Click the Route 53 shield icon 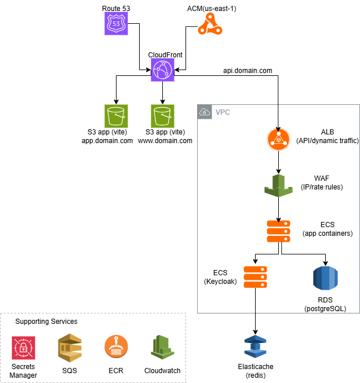tap(116, 23)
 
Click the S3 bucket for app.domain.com tap(116, 116)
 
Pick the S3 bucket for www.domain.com tap(163, 116)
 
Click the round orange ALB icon tap(279, 140)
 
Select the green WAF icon tap(279, 184)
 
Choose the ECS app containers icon tap(279, 230)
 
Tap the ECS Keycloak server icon tap(256, 277)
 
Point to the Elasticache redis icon tap(256, 348)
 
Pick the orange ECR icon tap(116, 348)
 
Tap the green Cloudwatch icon tap(162, 348)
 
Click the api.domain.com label tap(248, 71)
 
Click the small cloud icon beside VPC tap(204, 112)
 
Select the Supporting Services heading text tap(46, 321)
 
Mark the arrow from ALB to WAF tap(279, 162)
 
